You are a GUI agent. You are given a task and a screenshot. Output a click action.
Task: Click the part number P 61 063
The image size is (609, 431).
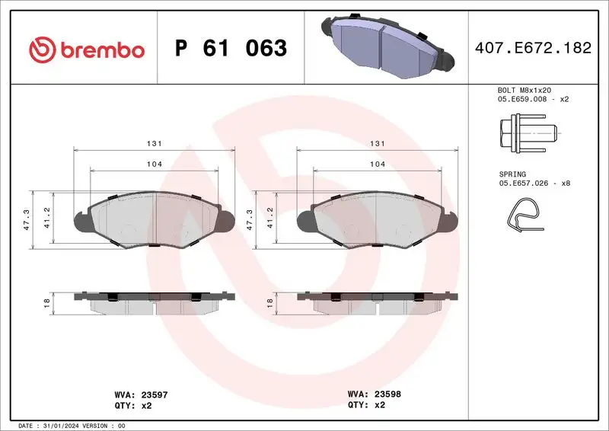click(231, 49)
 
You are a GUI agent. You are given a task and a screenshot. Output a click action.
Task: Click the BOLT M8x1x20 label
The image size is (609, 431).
click(524, 90)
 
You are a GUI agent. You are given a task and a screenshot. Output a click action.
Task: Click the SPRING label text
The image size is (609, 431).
click(512, 174)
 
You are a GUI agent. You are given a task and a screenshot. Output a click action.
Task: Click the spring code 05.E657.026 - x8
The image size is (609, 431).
click(534, 184)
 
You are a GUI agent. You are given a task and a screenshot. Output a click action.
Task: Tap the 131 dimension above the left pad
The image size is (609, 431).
click(153, 144)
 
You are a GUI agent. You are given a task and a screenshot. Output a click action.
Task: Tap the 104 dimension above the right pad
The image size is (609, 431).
click(378, 164)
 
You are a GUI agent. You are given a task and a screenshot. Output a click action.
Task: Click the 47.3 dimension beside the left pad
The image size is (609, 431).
click(26, 219)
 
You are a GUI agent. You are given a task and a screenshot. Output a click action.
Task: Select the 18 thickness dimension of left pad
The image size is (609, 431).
click(47, 303)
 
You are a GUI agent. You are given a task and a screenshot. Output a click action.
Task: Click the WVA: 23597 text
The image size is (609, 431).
click(141, 395)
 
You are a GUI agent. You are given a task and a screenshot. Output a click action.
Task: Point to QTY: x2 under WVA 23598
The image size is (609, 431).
click(367, 406)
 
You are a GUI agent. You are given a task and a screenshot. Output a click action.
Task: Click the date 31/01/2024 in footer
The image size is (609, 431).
click(59, 425)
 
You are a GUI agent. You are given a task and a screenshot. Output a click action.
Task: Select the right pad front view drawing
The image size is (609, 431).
click(378, 219)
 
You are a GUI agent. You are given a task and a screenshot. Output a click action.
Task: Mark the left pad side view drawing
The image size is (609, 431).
click(153, 302)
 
